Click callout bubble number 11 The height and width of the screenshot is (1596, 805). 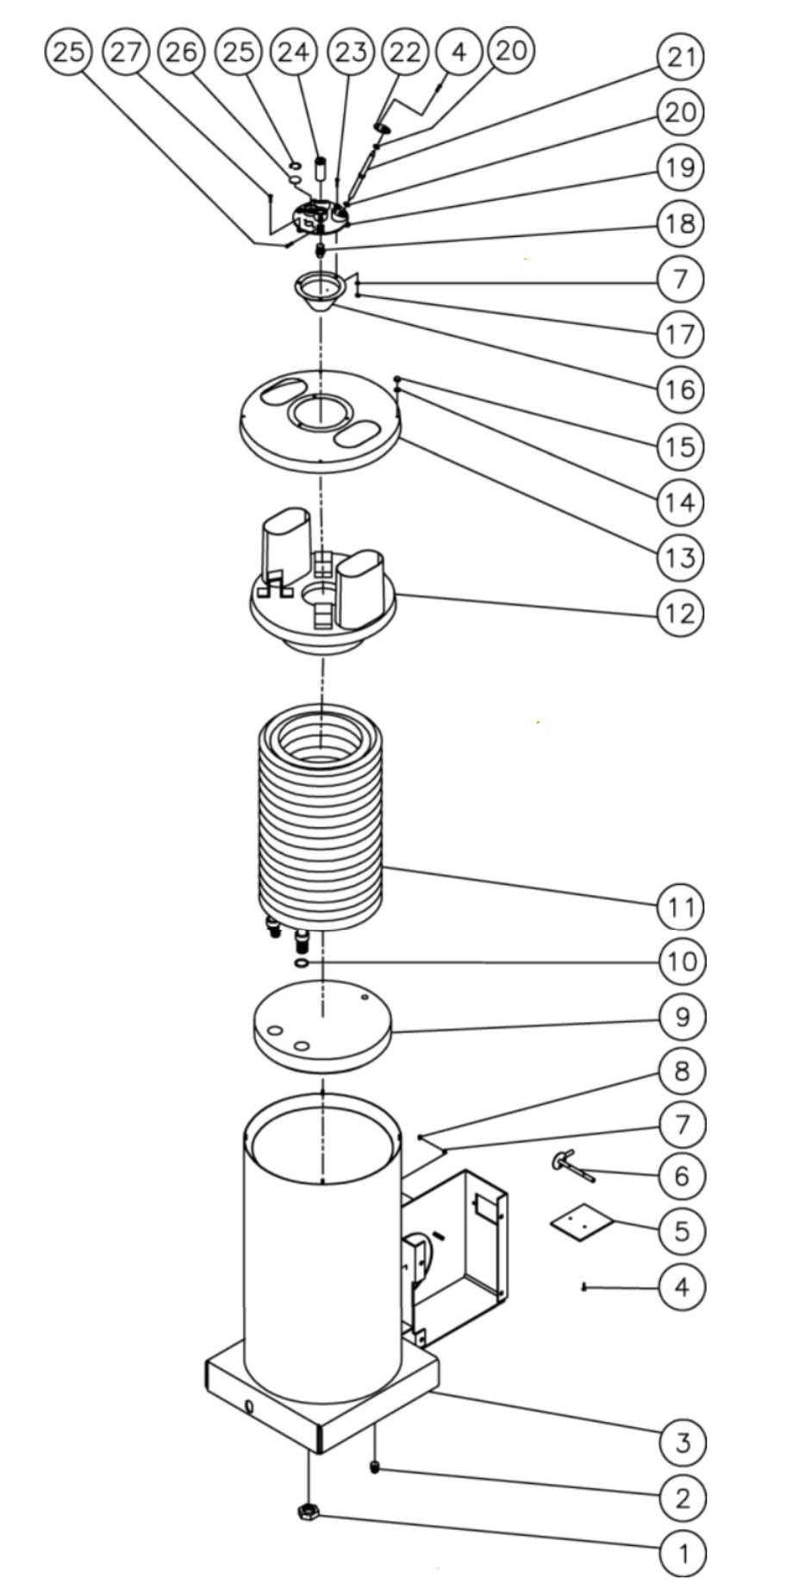coord(681,906)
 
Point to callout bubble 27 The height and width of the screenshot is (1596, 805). coord(126,53)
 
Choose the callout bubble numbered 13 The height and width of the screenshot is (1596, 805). coord(680,557)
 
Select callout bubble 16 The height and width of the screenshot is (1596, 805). coord(680,390)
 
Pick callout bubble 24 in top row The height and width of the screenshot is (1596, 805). coord(294,53)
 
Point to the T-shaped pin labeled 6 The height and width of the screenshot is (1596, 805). coord(572,1166)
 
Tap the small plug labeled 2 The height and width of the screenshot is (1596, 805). coord(376,1467)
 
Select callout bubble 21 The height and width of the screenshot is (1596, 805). coord(681,57)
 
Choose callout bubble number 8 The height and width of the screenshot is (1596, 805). coord(682,1070)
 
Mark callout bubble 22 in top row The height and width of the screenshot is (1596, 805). coord(404,53)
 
